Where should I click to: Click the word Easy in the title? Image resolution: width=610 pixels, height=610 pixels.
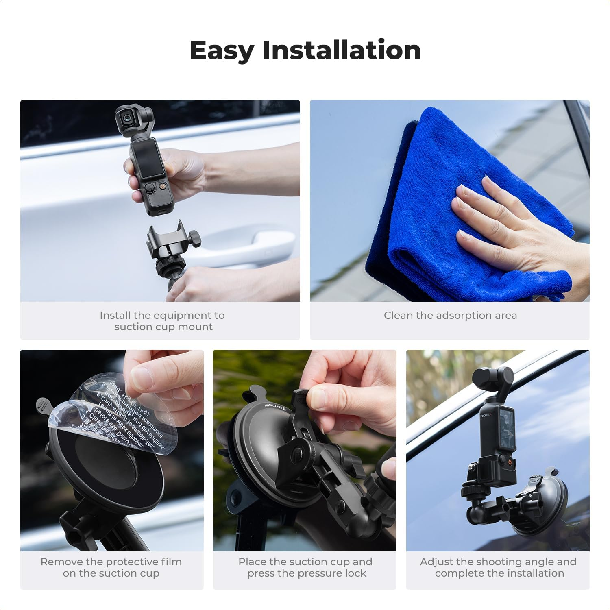222,51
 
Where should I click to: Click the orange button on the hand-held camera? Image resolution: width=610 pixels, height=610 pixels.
163,186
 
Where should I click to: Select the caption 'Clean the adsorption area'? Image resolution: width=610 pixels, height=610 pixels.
450,315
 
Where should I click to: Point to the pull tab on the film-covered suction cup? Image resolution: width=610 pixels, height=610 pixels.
44,405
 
